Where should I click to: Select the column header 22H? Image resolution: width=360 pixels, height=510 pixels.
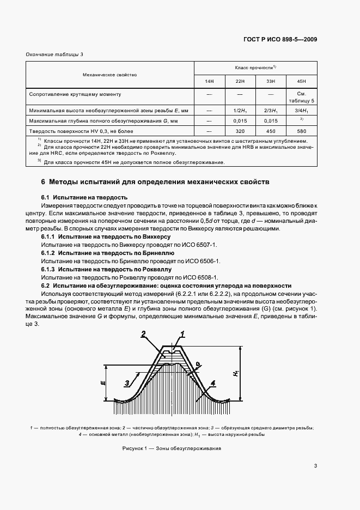tap(240, 81)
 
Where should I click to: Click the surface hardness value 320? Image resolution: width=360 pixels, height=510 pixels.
tap(240, 131)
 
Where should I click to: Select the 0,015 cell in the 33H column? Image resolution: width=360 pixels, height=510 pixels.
tap(271, 120)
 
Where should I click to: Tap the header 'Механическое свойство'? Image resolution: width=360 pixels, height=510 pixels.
tap(109, 74)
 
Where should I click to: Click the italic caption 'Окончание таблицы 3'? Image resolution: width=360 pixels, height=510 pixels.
tap(55, 54)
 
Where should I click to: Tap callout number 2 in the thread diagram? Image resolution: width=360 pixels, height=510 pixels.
tap(143, 333)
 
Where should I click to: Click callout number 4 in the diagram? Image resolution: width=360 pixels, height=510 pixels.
tap(213, 383)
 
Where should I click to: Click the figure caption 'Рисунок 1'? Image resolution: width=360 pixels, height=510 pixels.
tap(133, 448)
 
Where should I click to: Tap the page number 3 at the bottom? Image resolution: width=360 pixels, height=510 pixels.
tap(315, 466)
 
